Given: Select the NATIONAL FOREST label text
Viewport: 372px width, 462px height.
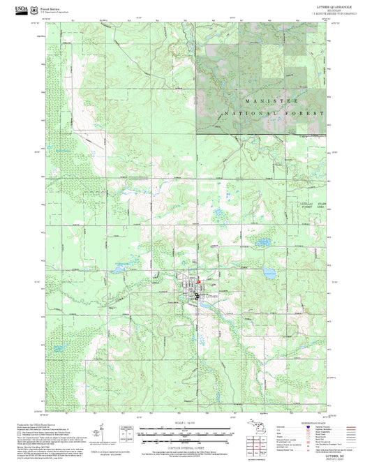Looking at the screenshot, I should tap(274, 113).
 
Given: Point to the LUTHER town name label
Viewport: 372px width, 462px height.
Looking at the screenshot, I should tap(211, 297).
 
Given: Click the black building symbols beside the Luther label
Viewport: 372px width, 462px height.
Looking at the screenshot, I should tap(198, 296).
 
